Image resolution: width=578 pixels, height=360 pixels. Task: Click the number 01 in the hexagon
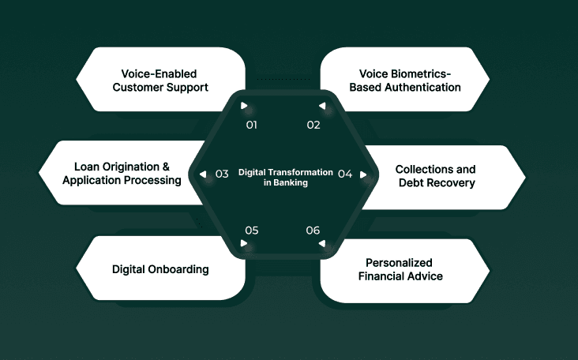tap(252, 125)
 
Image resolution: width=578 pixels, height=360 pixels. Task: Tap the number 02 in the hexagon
tap(313, 125)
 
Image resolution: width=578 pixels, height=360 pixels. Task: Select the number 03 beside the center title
tap(222, 174)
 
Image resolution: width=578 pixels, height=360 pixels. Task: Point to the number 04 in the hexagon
tap(345, 174)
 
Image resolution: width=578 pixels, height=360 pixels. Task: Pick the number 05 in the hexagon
tap(252, 231)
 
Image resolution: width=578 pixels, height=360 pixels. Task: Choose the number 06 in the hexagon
tap(313, 231)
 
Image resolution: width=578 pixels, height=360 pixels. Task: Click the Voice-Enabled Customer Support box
tap(160, 80)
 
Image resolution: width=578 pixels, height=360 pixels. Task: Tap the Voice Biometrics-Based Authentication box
tap(405, 80)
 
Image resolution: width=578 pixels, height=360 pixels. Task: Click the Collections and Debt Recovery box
tap(435, 176)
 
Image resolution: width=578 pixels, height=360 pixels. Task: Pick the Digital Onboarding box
tap(160, 269)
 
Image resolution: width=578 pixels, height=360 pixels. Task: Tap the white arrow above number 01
tap(245, 106)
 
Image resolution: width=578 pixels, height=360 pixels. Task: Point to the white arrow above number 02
tap(321, 106)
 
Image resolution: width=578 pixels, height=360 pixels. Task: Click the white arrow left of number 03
tap(203, 174)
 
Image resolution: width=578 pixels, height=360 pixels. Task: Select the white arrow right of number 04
tap(363, 174)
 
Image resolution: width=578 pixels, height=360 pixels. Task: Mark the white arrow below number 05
tap(245, 243)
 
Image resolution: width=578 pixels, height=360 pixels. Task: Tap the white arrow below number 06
tap(321, 243)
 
